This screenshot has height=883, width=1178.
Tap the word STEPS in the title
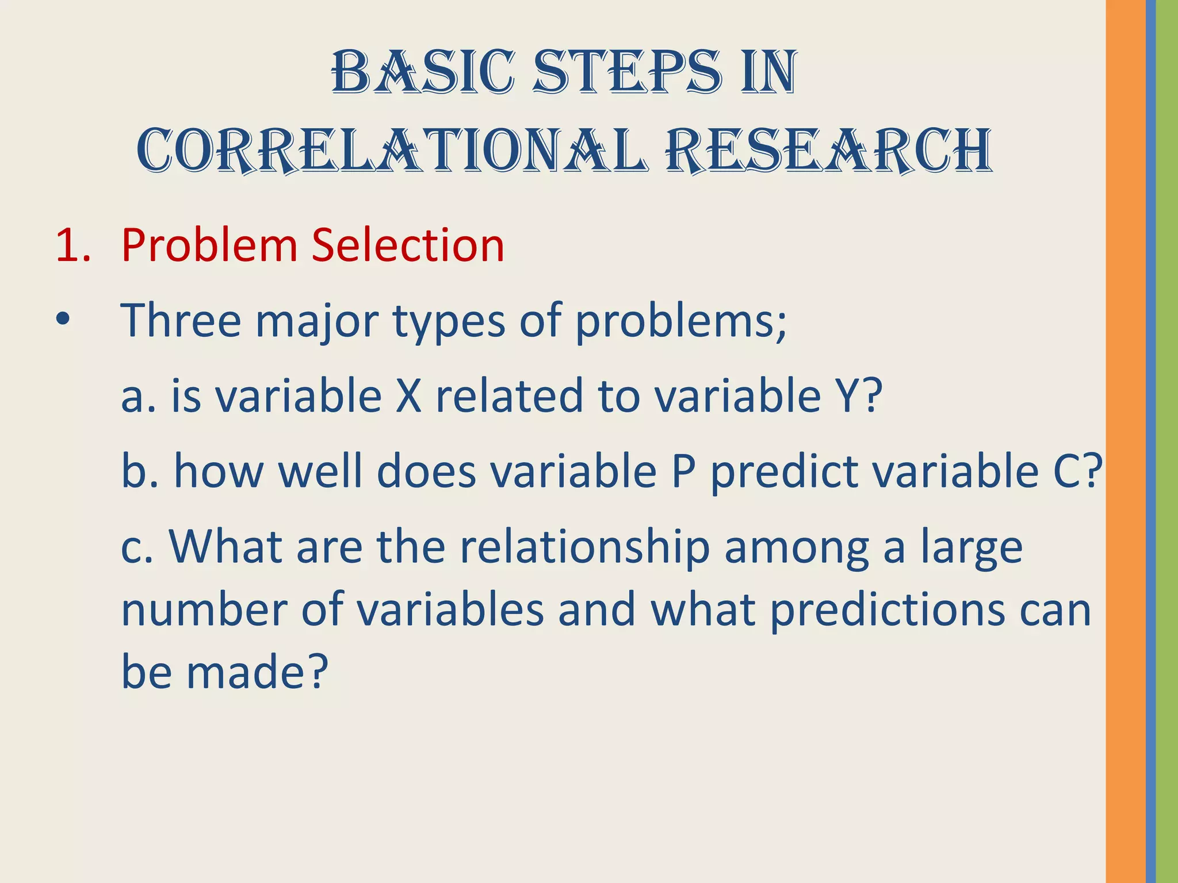pyautogui.click(x=627, y=73)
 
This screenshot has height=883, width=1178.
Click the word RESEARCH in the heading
pyautogui.click(x=828, y=151)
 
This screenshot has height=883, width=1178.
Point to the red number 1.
pyautogui.click(x=67, y=245)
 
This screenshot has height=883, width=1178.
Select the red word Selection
pyautogui.click(x=408, y=245)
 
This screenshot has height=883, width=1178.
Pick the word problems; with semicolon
pyautogui.click(x=681, y=322)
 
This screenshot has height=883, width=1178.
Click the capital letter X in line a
pyautogui.click(x=409, y=396)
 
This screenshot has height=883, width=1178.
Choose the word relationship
pyautogui.click(x=584, y=547)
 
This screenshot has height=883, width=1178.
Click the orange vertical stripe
pyautogui.click(x=1125, y=441)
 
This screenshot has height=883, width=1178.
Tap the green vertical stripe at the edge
pyautogui.click(x=1167, y=441)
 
